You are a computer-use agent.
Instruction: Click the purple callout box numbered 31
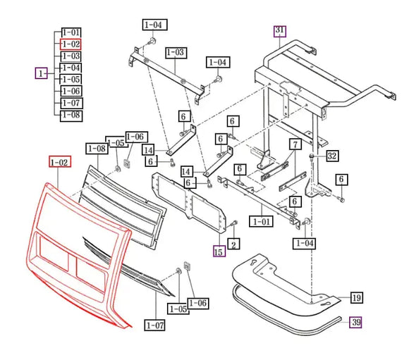click(x=280, y=30)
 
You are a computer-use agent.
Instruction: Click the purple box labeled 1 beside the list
click(x=42, y=73)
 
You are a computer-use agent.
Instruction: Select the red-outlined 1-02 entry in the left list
click(x=71, y=44)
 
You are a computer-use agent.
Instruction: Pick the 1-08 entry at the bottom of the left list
click(x=71, y=114)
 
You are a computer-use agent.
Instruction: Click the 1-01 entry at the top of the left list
click(x=71, y=32)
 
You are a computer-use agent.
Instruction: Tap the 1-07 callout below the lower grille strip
click(x=155, y=324)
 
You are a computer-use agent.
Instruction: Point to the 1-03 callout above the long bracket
click(x=175, y=52)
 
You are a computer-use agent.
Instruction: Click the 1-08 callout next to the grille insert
click(x=97, y=148)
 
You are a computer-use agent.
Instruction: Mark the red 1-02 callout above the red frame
click(x=59, y=163)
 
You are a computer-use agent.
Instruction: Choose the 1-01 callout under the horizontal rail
click(x=262, y=221)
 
